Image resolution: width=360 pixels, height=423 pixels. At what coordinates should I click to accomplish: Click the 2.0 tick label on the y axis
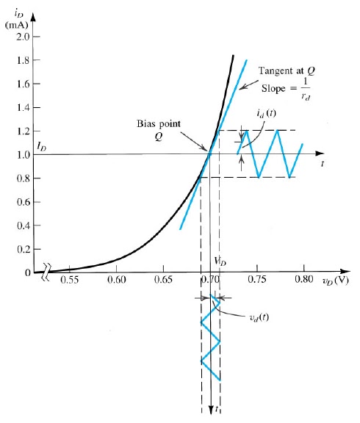click(21, 37)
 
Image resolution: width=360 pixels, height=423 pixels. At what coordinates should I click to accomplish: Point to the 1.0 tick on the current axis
click(21, 154)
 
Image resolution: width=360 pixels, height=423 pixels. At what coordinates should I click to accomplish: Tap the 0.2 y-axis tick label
click(21, 249)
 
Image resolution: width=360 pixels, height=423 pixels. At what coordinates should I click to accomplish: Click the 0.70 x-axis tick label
click(210, 280)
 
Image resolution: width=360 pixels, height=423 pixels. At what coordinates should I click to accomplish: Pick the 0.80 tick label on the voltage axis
click(303, 280)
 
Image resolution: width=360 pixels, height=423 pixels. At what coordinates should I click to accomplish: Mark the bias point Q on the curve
click(210, 154)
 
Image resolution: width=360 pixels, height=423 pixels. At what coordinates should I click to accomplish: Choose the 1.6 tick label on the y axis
click(21, 84)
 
